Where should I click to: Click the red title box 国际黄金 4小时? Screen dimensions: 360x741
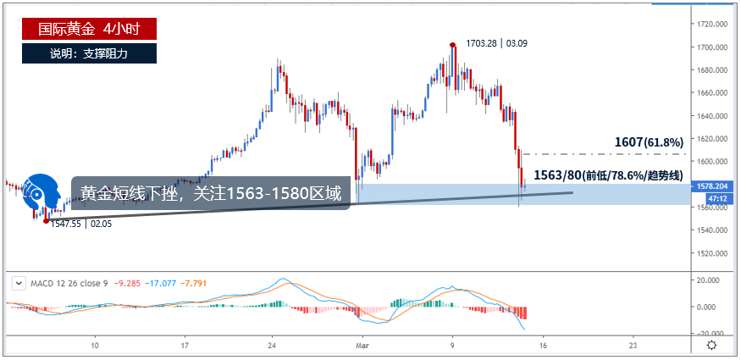(90, 29)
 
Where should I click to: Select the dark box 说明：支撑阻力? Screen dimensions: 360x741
(90, 53)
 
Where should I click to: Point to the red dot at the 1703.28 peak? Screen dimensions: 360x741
(453, 44)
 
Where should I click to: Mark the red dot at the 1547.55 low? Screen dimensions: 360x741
(46, 220)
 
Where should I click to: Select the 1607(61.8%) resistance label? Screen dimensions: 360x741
(650, 142)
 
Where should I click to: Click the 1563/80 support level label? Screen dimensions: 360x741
(608, 175)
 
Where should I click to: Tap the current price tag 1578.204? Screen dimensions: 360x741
(710, 184)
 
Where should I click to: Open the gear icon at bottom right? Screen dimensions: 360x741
(712, 345)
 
